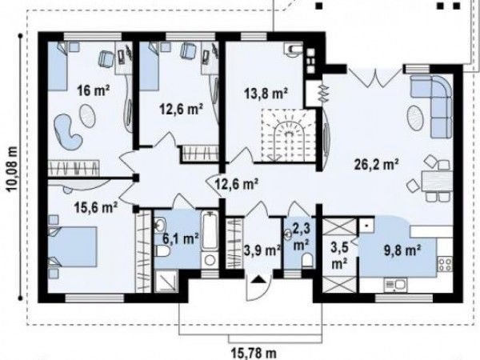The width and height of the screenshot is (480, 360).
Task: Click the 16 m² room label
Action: click(94, 90)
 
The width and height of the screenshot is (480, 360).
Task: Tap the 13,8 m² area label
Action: click(266, 93)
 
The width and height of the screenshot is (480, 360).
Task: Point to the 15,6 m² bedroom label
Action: click(96, 207)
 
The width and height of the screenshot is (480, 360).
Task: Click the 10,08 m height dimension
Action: click(12, 168)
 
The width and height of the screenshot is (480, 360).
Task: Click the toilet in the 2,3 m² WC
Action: click(307, 260)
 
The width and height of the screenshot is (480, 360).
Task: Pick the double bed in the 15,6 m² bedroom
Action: click(73, 246)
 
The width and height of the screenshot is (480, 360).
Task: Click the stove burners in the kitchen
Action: click(445, 264)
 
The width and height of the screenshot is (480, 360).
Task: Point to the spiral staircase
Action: click(288, 134)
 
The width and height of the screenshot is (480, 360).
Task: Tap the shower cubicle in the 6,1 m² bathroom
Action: click(166, 282)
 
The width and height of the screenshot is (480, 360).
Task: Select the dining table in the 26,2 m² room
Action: click(437, 182)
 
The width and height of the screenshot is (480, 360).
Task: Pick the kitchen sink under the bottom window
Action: click(395, 284)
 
